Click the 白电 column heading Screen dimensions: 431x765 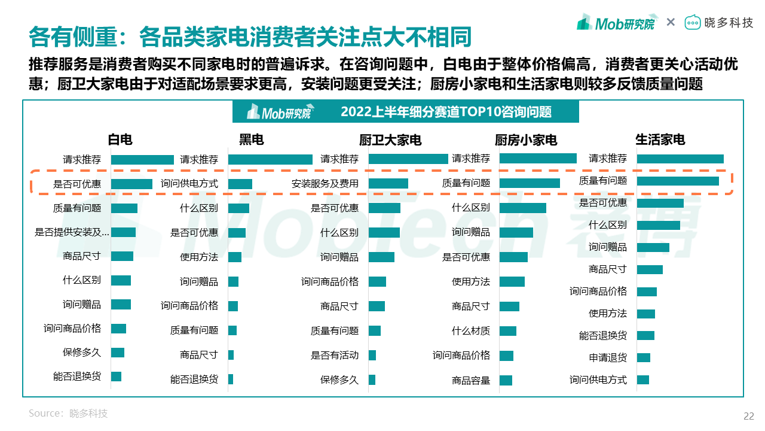pos(120,140)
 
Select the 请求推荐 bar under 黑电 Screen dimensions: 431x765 pos(270,160)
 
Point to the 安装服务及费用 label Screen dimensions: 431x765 pos(325,184)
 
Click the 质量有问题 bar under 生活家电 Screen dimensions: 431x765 pos(678,181)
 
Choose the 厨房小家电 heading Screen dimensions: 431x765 pos(526,140)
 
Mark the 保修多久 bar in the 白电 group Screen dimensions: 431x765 pos(118,353)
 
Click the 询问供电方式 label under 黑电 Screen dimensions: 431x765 pos(189,184)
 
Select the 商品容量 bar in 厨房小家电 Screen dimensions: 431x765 pos(506,381)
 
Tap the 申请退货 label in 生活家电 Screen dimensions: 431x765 pos(608,358)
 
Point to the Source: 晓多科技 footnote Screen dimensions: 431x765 pos(68,414)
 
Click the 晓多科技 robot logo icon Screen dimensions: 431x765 pos(693,23)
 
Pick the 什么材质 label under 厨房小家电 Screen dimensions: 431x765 pos(471,330)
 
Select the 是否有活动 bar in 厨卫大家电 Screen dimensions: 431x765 pos(372,356)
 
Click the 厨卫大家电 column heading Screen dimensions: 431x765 pos(390,140)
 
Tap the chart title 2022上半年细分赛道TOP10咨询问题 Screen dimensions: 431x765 pos(446,112)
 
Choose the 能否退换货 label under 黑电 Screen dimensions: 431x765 pos(194,380)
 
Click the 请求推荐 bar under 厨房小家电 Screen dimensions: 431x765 pos(538,159)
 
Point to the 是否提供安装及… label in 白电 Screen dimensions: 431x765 pos(72,232)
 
